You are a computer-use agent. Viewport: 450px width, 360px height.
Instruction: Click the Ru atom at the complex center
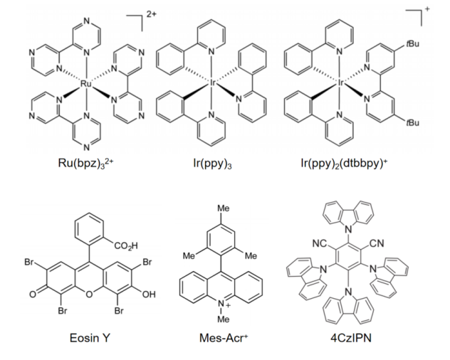[x=85, y=83]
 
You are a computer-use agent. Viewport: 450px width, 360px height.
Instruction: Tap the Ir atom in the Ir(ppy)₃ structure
[x=213, y=83]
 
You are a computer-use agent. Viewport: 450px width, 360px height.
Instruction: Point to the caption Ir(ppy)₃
[x=214, y=162]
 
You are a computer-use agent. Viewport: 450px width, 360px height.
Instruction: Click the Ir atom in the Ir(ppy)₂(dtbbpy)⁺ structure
[x=342, y=83]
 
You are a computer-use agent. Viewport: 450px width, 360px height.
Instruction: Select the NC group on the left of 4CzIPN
[x=318, y=243]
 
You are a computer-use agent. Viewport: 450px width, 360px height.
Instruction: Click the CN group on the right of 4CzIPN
[x=377, y=243]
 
